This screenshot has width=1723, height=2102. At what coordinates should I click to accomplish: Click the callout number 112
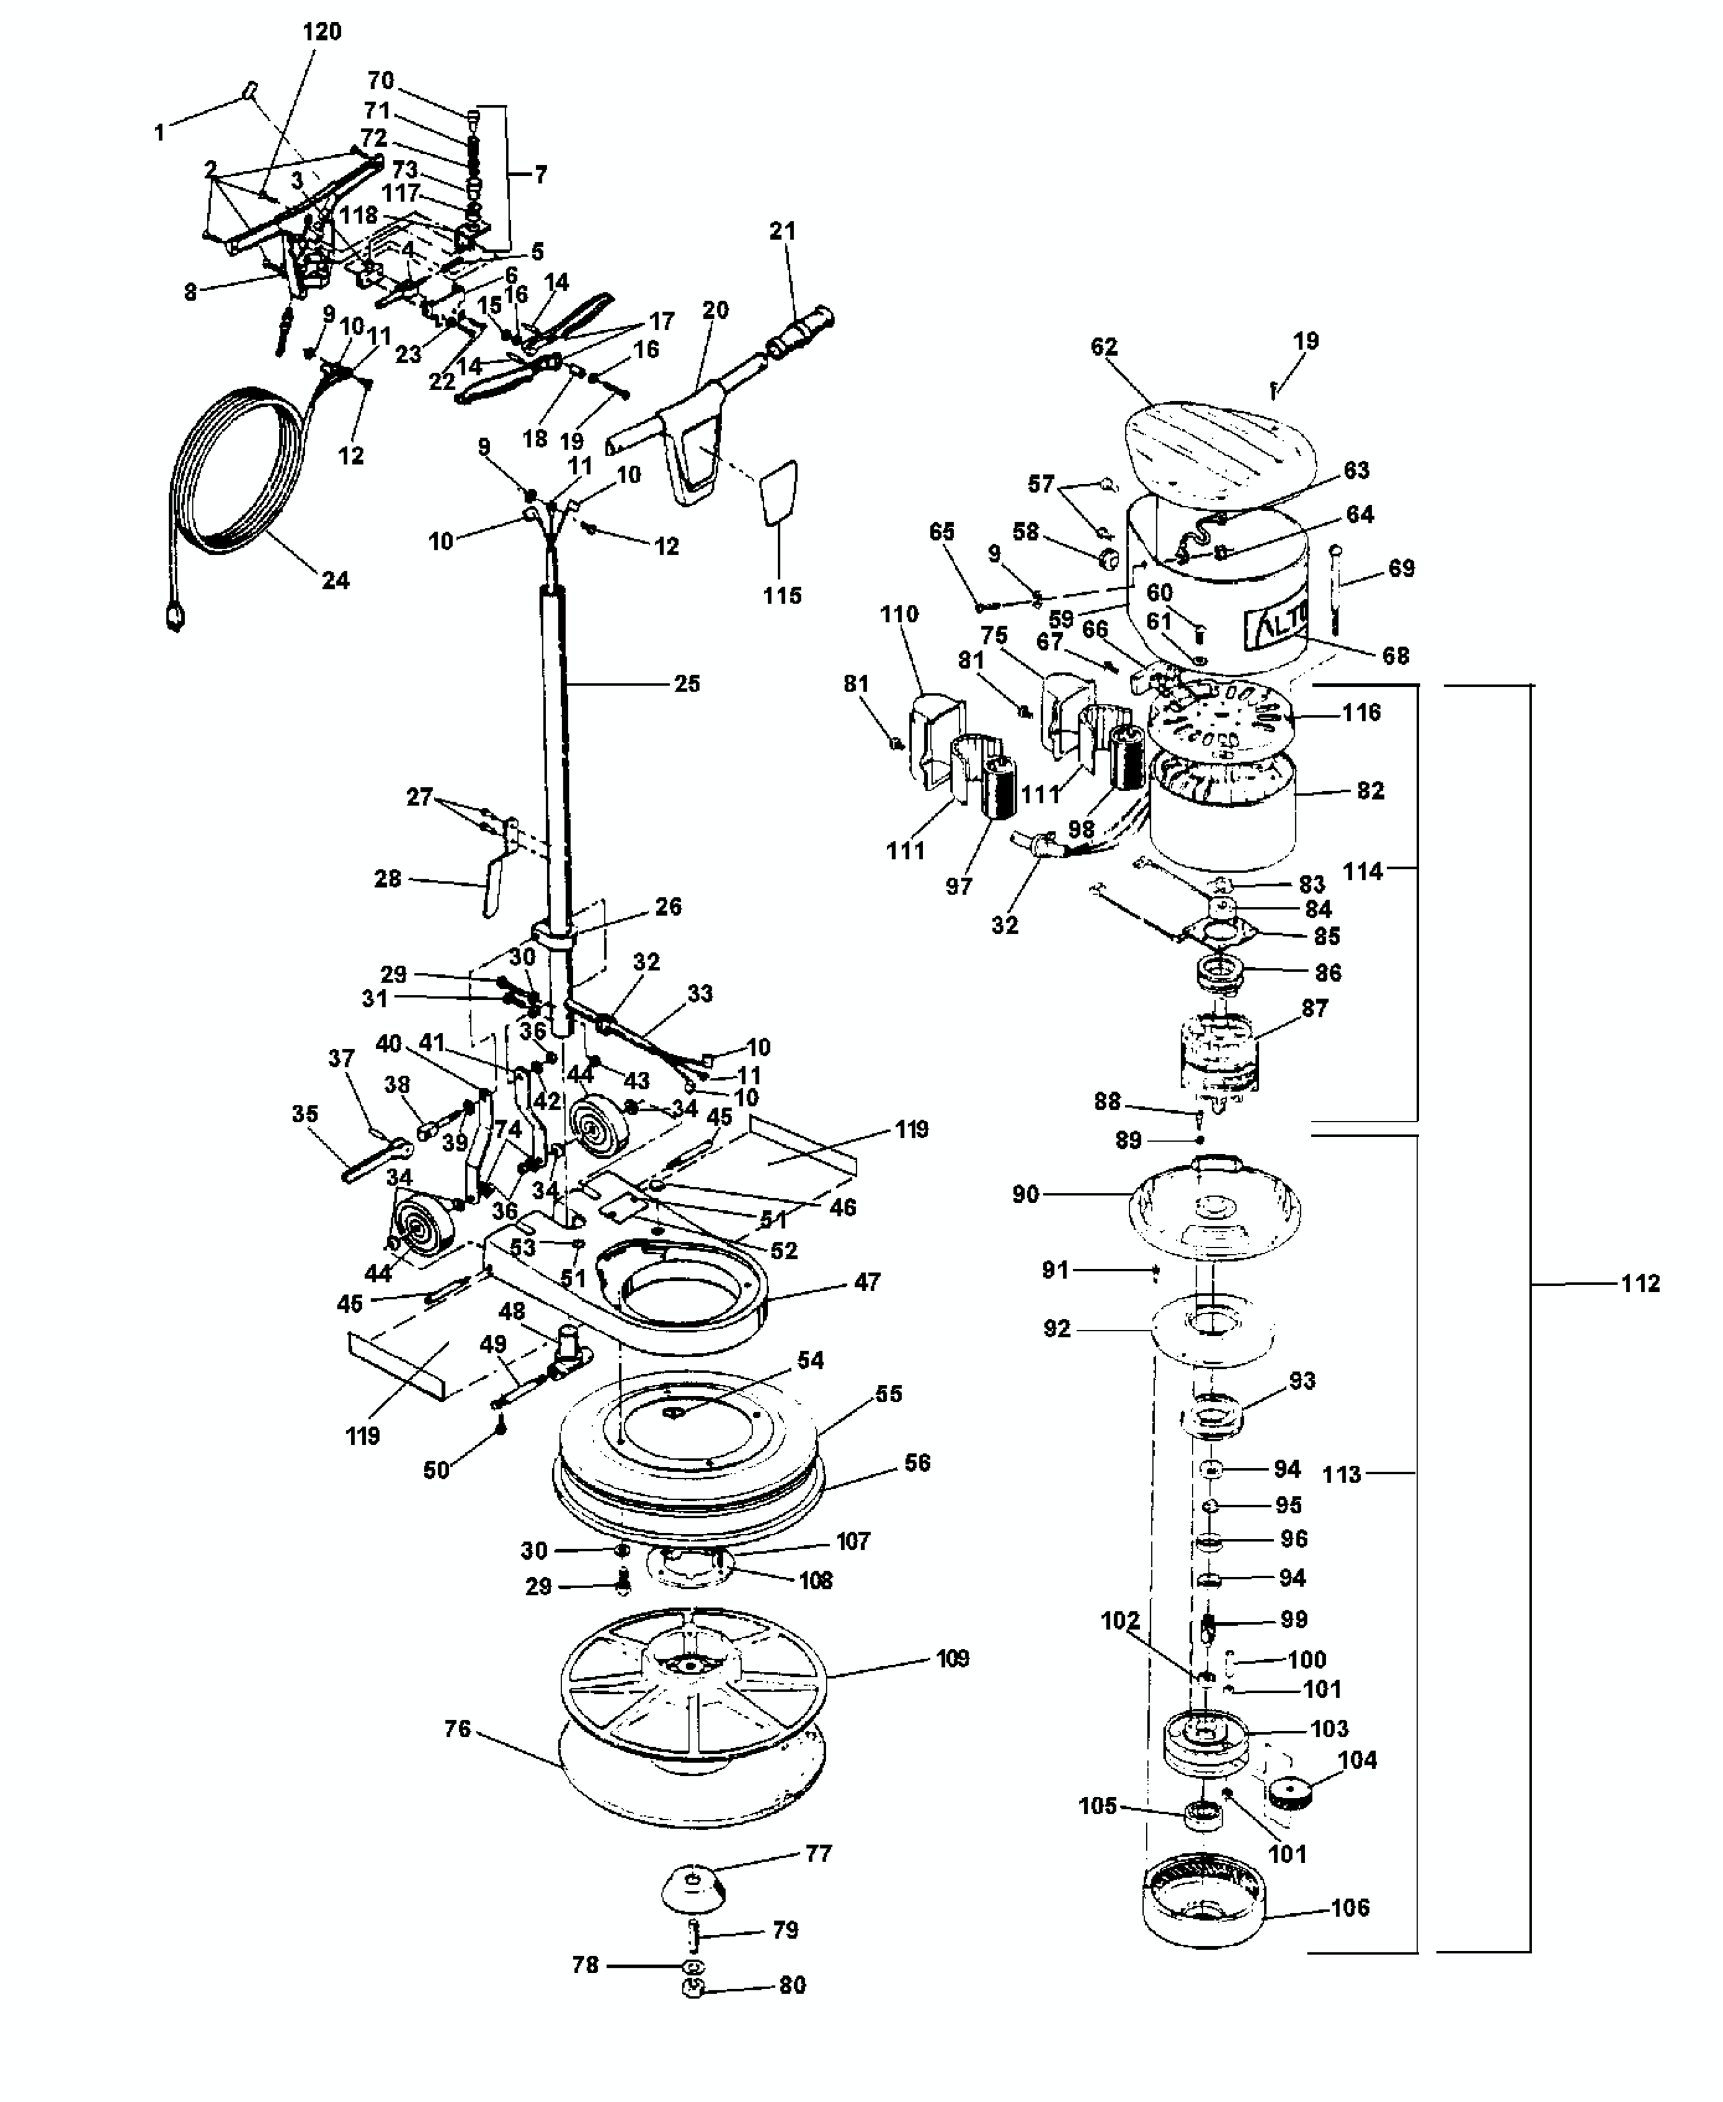(x=1640, y=1283)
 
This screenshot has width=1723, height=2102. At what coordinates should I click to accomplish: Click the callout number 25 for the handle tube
(x=687, y=683)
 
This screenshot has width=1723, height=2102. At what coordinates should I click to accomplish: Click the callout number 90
(x=1025, y=1194)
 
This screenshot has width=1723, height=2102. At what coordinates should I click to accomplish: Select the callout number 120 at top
(x=322, y=32)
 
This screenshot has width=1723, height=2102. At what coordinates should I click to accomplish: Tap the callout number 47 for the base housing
(x=867, y=1281)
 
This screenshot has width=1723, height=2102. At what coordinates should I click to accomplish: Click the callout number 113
(x=1342, y=1474)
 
